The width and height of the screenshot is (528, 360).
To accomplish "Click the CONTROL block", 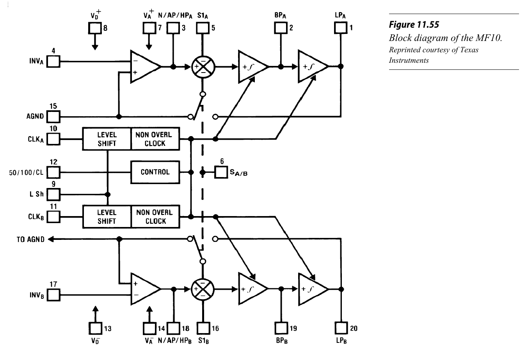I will tap(155, 172).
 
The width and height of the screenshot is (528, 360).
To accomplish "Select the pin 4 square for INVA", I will tap(53, 62).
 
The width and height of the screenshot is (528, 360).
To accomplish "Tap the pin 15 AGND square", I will tap(53, 116).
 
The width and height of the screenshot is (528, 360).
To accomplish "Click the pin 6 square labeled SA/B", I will tap(221, 172).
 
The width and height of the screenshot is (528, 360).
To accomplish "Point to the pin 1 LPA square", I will tap(341, 28).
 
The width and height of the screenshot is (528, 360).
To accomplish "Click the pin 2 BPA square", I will tap(280, 28).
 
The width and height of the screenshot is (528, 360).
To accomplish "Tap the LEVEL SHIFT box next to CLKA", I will tap(107, 139).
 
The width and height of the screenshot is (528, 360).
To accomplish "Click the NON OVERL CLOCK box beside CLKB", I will tap(155, 217).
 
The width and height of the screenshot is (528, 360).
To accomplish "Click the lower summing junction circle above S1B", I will tap(203, 289).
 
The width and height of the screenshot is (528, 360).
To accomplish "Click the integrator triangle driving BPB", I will tap(252, 289).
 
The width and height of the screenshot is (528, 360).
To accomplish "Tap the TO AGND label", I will tap(30, 239).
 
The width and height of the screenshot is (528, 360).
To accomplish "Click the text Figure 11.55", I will tap(414, 25).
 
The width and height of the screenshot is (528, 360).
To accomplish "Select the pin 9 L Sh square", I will tap(53, 194).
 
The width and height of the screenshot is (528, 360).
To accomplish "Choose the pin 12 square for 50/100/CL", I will tap(53, 172).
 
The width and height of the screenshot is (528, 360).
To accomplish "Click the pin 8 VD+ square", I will tap(95, 28).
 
